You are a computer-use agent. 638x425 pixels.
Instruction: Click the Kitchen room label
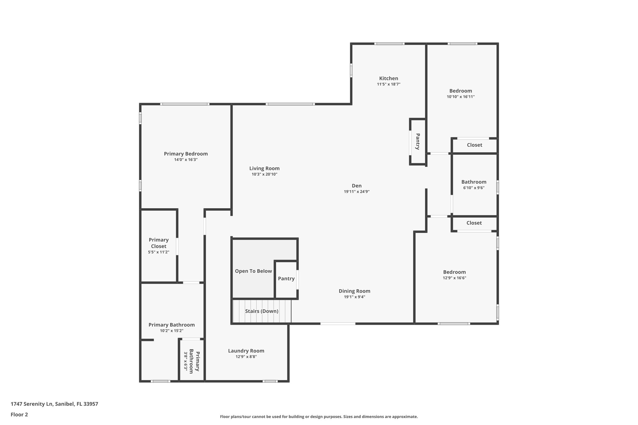point(388,78)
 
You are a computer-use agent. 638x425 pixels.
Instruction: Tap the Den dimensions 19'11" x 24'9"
point(356,192)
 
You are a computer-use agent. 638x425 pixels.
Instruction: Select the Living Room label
point(264,168)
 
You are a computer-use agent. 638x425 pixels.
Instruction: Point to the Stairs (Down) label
point(262,311)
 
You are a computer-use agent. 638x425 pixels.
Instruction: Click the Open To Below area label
point(253,271)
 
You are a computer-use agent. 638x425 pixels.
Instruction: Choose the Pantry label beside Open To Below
point(286,279)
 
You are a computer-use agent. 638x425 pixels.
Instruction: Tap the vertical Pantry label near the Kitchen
point(418,142)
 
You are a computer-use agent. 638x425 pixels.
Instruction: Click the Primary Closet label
point(159,243)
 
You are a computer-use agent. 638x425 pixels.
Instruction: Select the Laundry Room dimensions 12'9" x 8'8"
point(246,357)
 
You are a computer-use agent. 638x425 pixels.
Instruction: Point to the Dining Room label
point(355,291)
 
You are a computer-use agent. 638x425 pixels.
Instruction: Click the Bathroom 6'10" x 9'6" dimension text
point(474,188)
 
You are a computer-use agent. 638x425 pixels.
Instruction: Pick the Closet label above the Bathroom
point(474,145)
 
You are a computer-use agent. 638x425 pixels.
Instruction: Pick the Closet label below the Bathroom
point(474,223)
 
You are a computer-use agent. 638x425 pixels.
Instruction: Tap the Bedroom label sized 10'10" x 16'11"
point(460,91)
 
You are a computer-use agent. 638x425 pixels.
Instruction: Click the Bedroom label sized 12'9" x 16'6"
point(454,272)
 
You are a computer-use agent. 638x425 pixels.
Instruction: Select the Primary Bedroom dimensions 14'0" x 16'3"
point(186,160)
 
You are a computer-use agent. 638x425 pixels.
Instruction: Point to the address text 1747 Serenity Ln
point(54,404)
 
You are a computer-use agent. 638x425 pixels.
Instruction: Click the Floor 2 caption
point(19,414)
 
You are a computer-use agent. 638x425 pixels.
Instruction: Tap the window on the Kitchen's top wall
point(389,44)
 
